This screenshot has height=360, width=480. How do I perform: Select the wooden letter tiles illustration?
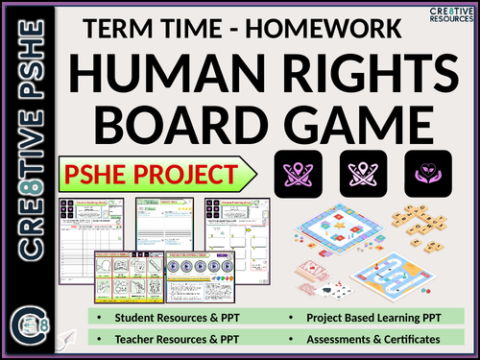[422, 216]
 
